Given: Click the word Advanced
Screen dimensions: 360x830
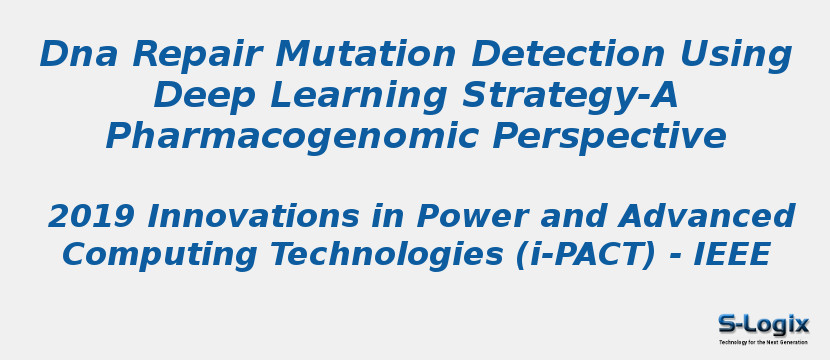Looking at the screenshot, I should [x=708, y=216].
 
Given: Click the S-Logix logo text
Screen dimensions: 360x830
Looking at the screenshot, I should [x=763, y=324].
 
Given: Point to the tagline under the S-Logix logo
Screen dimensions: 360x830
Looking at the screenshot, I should [x=763, y=342].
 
